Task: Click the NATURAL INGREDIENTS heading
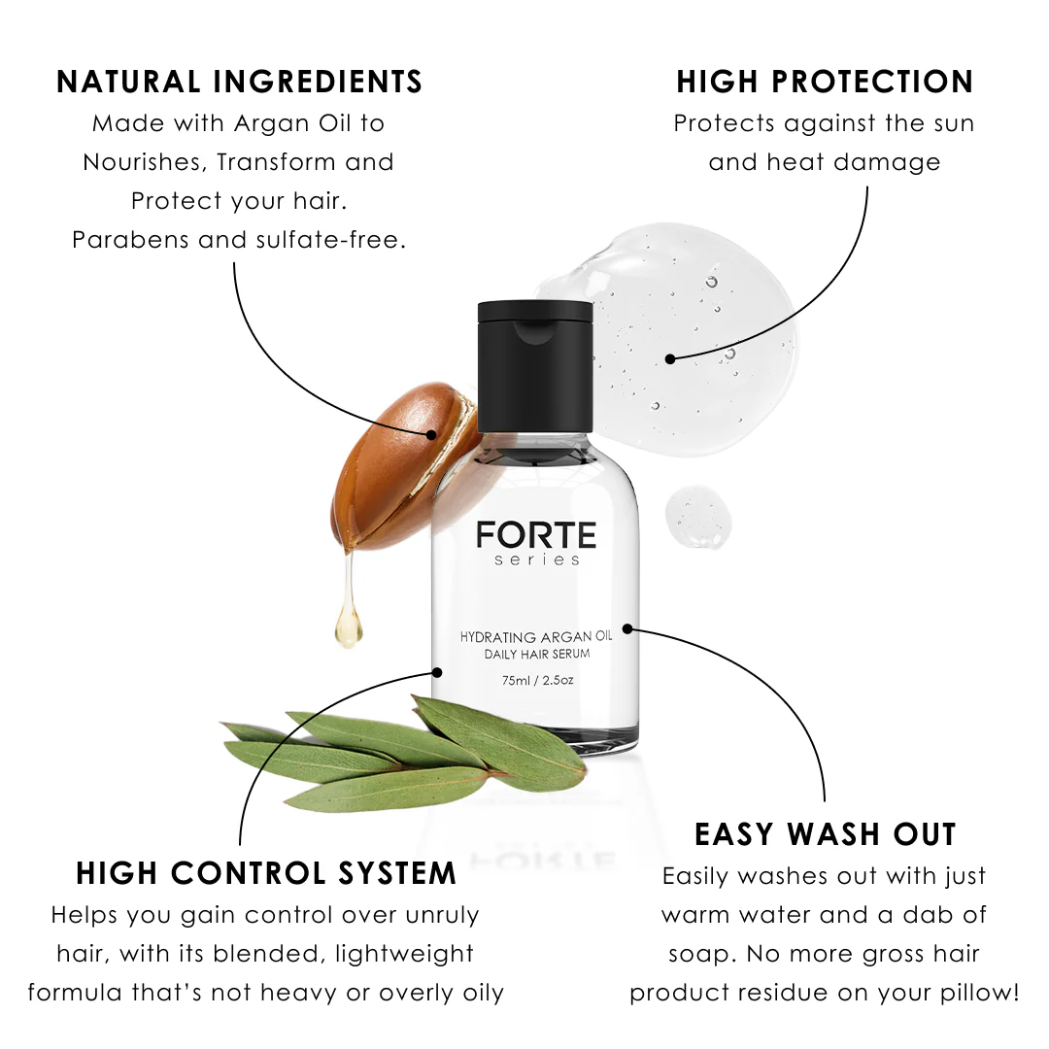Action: click(x=240, y=82)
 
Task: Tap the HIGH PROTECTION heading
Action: click(x=825, y=82)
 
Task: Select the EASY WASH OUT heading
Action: click(x=826, y=834)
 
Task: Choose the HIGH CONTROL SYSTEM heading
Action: click(x=266, y=873)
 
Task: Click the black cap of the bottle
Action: click(x=535, y=366)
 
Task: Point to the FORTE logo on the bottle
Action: click(x=536, y=536)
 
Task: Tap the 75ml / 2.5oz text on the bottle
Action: click(x=538, y=680)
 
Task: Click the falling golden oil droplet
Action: click(x=349, y=626)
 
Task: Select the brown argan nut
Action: click(x=401, y=468)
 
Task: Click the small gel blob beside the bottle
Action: click(x=697, y=516)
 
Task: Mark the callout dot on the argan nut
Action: click(x=431, y=435)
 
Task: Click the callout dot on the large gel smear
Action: click(x=670, y=359)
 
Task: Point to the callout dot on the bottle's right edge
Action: click(x=627, y=628)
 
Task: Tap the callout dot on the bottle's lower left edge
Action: click(x=437, y=672)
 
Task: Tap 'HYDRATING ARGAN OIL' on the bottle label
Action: click(x=536, y=637)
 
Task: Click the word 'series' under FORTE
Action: click(x=536, y=560)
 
